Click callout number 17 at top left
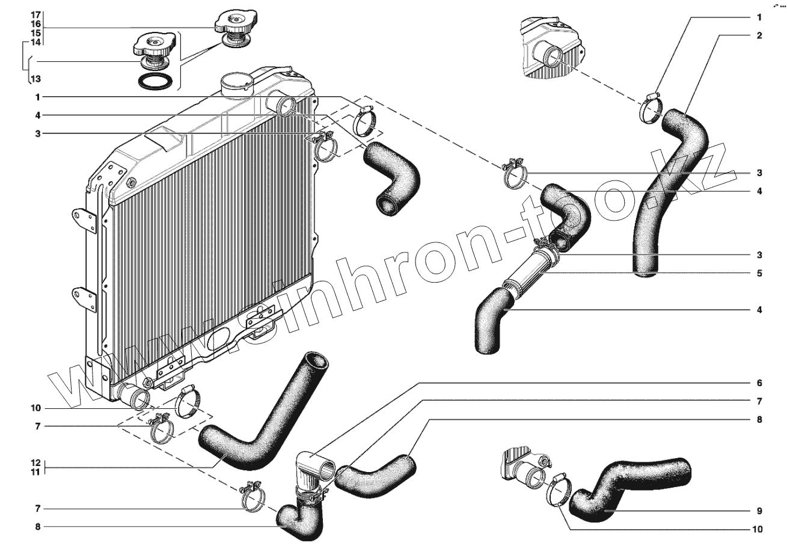(x=35, y=14)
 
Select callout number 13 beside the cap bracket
(x=35, y=79)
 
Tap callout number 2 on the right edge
(x=759, y=35)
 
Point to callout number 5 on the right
(x=759, y=273)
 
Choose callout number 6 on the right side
(x=759, y=383)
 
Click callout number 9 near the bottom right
(x=759, y=511)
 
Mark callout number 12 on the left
(x=35, y=463)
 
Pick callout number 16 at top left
(x=35, y=23)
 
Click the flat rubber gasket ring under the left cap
(x=157, y=81)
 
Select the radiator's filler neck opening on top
(x=236, y=79)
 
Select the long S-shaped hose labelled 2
(x=667, y=192)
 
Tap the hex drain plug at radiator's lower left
(x=147, y=381)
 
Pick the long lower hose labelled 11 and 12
(x=265, y=421)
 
